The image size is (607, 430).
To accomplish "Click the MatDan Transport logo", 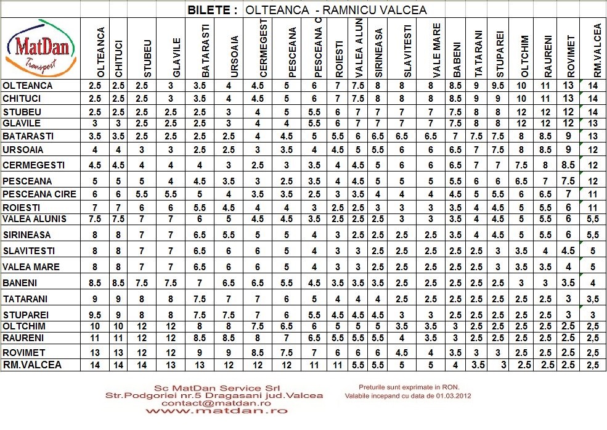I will (x=41, y=48).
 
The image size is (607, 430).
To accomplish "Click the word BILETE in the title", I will (x=212, y=10).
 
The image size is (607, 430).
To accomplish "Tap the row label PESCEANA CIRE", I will (x=39, y=194).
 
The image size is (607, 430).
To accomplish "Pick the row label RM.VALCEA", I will (x=32, y=365).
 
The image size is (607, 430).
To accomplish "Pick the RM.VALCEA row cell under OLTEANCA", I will (x=95, y=365).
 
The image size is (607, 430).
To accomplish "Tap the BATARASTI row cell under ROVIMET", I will (x=570, y=136).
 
